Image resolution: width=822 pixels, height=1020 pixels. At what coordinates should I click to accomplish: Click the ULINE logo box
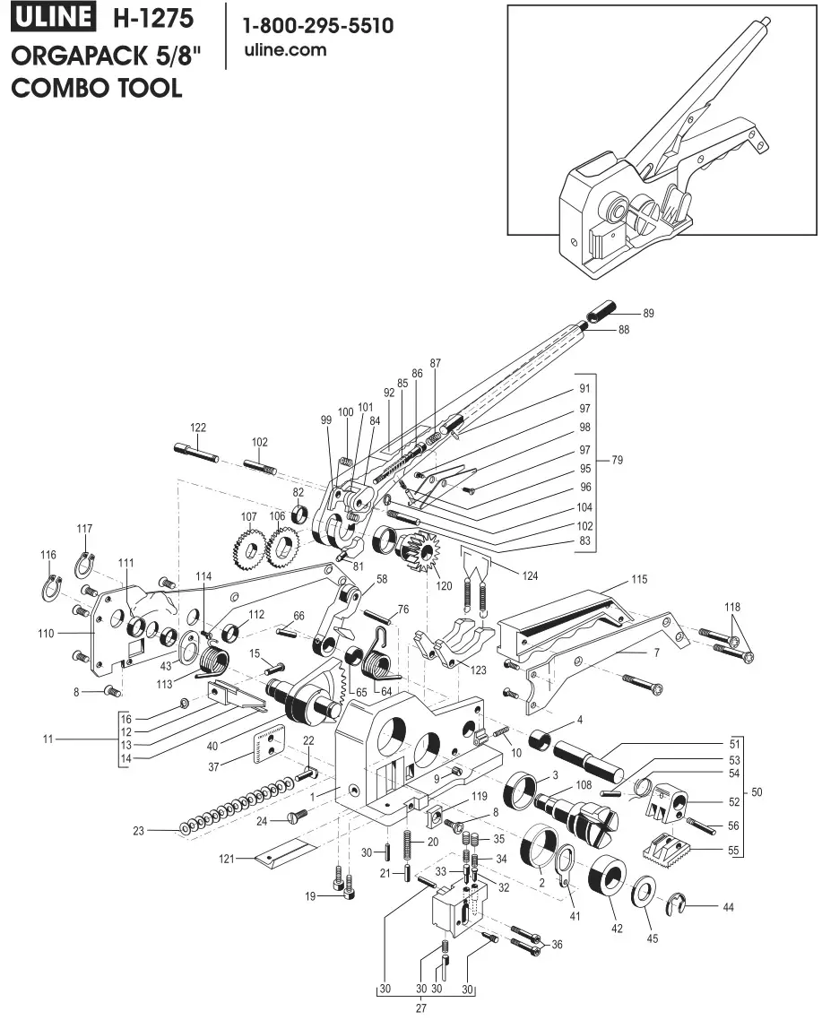coord(53,19)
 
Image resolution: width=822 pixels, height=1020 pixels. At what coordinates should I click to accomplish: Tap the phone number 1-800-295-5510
coord(318,26)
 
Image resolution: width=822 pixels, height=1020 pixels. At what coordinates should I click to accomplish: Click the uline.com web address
coord(285,50)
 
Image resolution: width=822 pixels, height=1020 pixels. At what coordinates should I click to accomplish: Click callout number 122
coord(198,427)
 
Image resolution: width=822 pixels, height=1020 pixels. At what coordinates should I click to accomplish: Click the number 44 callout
coord(728,907)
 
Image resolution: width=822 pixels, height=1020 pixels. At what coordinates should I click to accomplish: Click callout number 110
coord(47,633)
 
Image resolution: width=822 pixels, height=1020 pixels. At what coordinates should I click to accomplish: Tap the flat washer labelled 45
coord(645,894)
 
